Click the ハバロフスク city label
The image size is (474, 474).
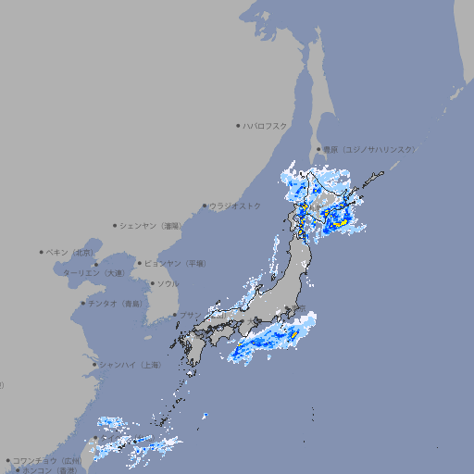click(266, 125)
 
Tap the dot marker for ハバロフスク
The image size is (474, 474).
click(238, 125)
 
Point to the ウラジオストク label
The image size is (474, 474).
click(236, 206)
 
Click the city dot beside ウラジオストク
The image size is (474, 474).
click(205, 206)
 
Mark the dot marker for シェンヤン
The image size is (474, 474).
click(116, 225)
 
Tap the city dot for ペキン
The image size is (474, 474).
click(42, 252)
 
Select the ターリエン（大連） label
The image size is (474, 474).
click(94, 274)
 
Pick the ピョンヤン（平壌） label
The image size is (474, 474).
click(176, 263)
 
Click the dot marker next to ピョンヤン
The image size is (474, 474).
click(141, 263)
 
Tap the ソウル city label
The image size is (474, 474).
click(168, 283)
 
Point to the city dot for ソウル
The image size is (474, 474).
click(151, 283)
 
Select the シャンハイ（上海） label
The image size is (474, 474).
click(131, 365)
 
